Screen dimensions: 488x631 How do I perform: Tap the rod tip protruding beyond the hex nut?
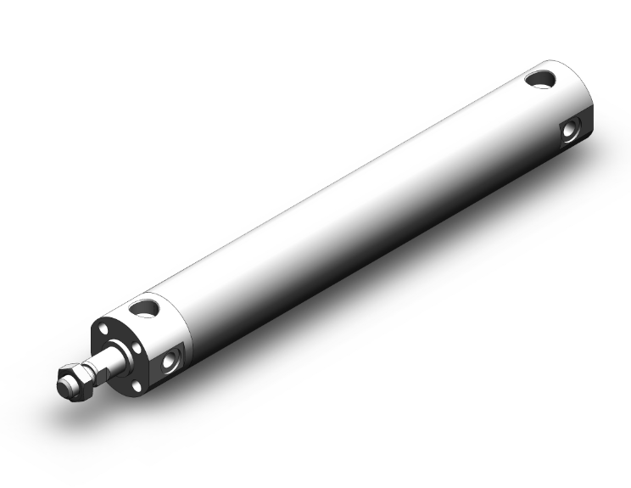pyautogui.click(x=63, y=386)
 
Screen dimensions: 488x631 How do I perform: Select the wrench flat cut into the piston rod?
pyautogui.click(x=101, y=362)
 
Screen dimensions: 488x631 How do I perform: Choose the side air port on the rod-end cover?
pyautogui.click(x=174, y=361)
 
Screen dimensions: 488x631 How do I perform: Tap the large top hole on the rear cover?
pyautogui.click(x=539, y=80)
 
